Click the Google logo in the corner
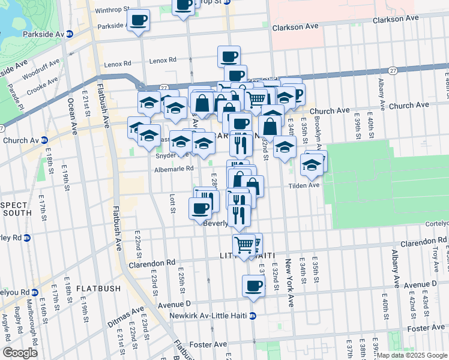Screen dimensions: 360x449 click(20, 352)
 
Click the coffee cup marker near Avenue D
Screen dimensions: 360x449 click(253, 286)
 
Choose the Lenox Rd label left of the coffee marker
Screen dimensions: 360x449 click(117, 64)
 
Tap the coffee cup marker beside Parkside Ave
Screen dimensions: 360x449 click(139, 20)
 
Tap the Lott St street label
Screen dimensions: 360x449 click(172, 203)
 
